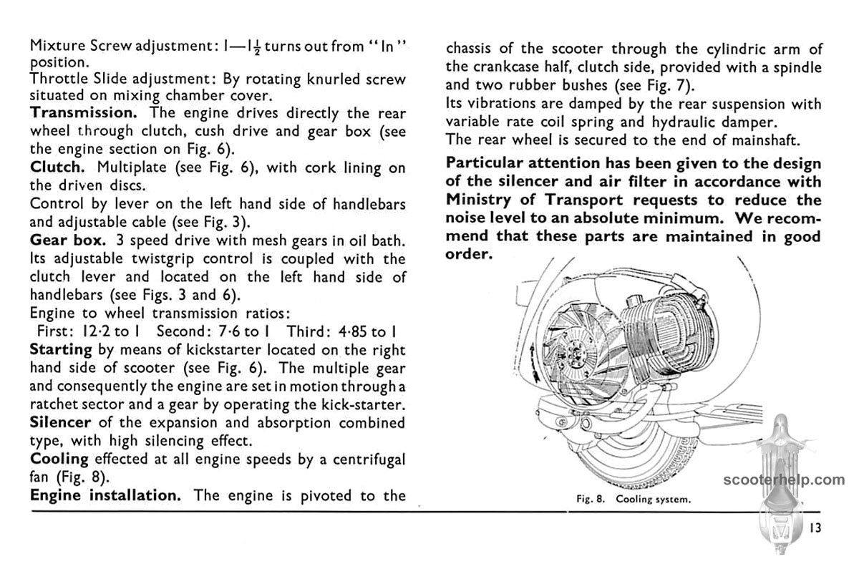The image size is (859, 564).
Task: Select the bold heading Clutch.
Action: (58, 167)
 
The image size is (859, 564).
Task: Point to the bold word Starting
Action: (61, 349)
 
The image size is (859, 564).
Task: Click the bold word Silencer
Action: (60, 422)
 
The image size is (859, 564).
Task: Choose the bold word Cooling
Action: (59, 459)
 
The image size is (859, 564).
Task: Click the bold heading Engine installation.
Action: (105, 495)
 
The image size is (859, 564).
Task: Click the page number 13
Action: (815, 528)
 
